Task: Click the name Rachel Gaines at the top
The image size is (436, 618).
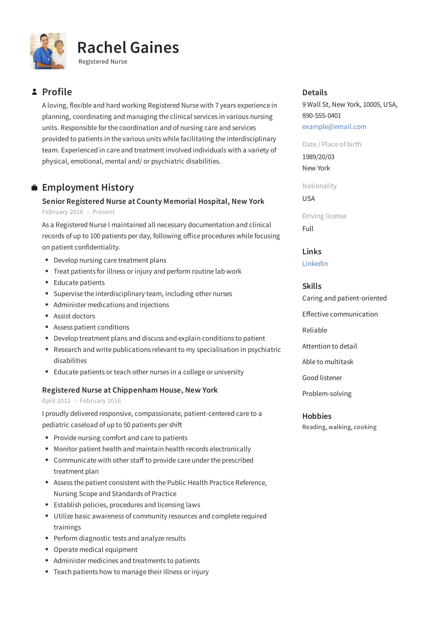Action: [128, 48]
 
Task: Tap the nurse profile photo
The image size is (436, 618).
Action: [48, 51]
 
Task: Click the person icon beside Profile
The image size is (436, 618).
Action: [34, 92]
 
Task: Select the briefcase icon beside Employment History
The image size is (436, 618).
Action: [34, 188]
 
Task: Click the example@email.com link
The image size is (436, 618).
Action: [334, 126]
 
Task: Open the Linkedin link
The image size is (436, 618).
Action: [315, 264]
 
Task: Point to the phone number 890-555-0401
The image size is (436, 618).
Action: [322, 115]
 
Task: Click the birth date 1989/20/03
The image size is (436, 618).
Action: [318, 157]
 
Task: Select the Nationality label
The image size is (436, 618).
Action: [319, 186]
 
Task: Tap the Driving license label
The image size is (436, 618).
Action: [324, 216]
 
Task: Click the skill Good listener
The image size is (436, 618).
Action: [322, 378]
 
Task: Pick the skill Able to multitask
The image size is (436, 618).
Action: [328, 362]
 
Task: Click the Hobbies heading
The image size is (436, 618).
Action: [317, 416]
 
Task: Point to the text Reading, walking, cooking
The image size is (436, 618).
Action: [339, 427]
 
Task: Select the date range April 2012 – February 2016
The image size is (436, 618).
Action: [81, 401]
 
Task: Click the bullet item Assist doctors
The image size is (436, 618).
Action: [74, 316]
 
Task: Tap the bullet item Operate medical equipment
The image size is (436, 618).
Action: [95, 549]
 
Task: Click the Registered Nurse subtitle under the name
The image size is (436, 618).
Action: [103, 62]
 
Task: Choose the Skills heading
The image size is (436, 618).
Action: [312, 286]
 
